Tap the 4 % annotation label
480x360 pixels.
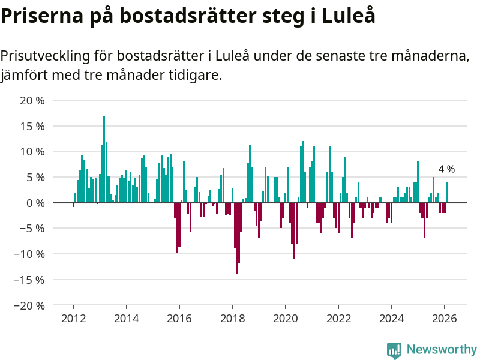click(x=446, y=169)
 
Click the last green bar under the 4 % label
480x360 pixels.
click(x=446, y=193)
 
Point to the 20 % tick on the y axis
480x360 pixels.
click(x=32, y=101)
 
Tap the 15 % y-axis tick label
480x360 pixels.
click(x=32, y=127)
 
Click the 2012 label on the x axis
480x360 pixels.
click(x=73, y=318)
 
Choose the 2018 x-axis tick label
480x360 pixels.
click(x=232, y=318)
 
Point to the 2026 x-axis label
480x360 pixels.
click(x=445, y=318)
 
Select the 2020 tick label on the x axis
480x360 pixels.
click(x=286, y=318)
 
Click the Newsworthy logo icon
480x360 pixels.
click(x=394, y=350)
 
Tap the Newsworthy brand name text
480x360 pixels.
click(x=442, y=349)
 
